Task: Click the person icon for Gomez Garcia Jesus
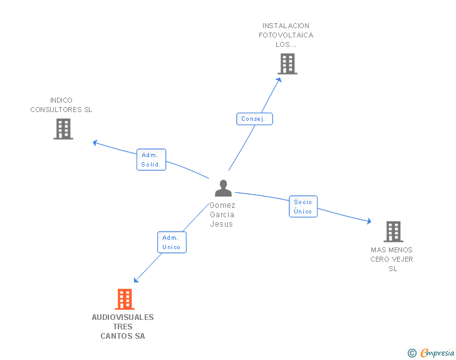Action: (223, 188)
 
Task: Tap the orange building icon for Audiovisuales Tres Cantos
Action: (125, 299)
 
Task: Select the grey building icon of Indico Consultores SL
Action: (63, 128)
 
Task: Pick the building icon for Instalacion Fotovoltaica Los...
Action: (287, 64)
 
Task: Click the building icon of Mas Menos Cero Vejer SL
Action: (393, 232)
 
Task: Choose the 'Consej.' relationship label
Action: (254, 119)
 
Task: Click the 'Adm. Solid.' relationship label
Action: (151, 160)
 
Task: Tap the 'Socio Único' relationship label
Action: (303, 206)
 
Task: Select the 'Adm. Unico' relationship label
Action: (171, 242)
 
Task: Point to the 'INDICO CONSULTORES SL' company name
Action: (61, 105)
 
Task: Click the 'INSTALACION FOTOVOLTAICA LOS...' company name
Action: (286, 35)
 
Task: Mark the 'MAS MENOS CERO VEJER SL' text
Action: (392, 259)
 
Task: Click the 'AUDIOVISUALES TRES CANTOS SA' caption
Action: (123, 327)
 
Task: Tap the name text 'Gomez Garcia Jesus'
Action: (222, 215)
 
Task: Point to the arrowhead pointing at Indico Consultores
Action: (95, 143)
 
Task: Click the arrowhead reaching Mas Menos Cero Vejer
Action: (369, 222)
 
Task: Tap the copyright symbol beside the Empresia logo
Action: (412, 353)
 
